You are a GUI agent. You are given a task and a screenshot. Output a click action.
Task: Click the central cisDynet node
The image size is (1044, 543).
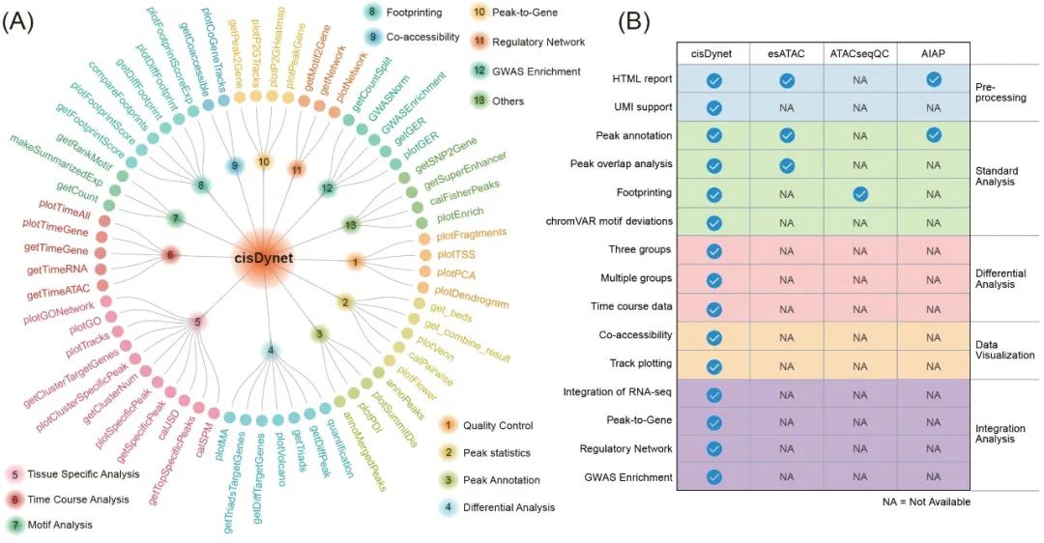(x=262, y=258)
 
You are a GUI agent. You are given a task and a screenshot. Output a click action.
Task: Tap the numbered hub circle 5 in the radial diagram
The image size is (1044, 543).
(x=197, y=321)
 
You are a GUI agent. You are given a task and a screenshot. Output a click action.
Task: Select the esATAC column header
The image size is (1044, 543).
(x=787, y=54)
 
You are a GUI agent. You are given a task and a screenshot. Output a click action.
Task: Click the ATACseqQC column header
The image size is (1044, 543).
(x=859, y=54)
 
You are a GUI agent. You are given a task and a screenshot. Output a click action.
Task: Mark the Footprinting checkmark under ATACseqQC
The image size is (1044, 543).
(x=859, y=193)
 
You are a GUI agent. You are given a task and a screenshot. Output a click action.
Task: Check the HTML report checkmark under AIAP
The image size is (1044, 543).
(x=933, y=79)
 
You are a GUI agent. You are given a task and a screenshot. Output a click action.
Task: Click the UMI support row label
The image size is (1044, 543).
(x=643, y=107)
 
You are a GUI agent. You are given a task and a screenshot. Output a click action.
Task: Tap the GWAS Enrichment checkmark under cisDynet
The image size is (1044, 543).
(x=714, y=476)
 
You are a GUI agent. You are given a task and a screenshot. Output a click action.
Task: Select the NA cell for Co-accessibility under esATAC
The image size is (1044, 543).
(x=787, y=337)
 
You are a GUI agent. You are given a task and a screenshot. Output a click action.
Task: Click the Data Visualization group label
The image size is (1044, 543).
(x=1004, y=349)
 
